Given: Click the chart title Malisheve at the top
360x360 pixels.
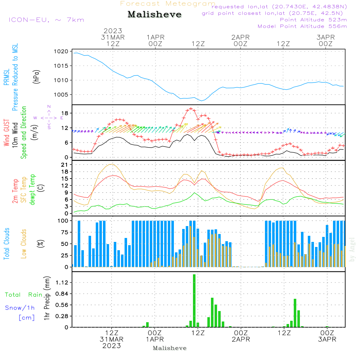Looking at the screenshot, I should click(x=154, y=15).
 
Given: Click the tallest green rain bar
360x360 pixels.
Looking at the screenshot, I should click(x=194, y=301).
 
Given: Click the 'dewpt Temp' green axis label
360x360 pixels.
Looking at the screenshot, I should click(x=33, y=190).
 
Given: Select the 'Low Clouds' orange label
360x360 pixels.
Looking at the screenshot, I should click(x=24, y=244).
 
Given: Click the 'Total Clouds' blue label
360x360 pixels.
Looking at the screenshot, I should click(x=6, y=244).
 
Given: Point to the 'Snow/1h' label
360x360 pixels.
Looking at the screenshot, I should click(x=20, y=308).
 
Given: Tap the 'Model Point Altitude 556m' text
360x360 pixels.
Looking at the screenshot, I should click(x=302, y=26).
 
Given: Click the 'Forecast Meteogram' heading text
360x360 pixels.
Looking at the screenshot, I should click(x=168, y=4).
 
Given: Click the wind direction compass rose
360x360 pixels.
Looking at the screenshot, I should click(x=49, y=117).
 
